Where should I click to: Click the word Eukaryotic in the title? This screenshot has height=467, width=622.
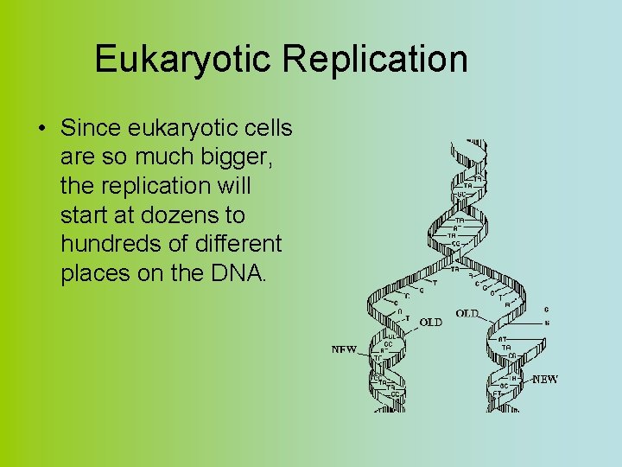tap(182, 60)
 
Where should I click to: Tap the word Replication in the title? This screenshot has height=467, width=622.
tap(374, 60)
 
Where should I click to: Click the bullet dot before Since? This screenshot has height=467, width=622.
tap(41, 129)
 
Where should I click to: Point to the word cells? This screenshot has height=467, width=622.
tap(266, 128)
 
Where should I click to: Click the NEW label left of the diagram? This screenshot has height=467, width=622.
tap(344, 350)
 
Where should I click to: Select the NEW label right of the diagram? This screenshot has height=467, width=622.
tap(544, 379)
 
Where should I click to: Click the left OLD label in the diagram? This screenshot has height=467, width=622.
tap(430, 323)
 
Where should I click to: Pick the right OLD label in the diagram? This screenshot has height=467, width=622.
tap(467, 313)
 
